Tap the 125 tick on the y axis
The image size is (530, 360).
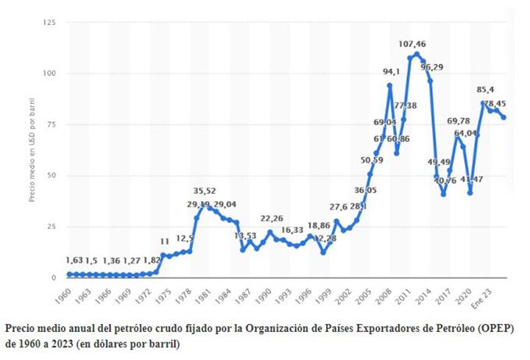coord(50,23)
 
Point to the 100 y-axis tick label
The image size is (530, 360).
coord(50,74)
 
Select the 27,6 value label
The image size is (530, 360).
coord(338,207)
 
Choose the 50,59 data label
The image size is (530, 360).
coord(371,160)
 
